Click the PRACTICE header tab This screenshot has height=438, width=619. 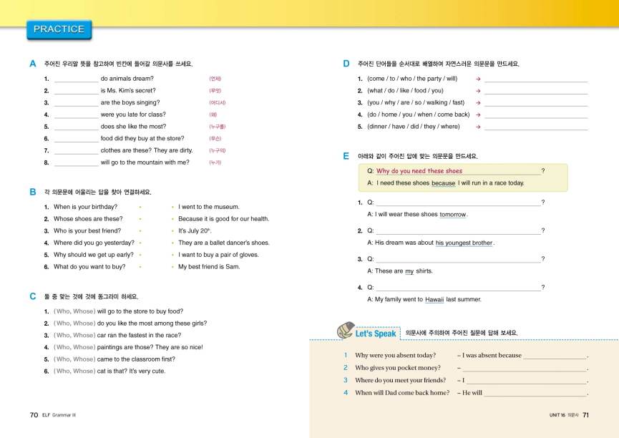[x=59, y=29]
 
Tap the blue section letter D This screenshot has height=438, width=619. [x=346, y=64]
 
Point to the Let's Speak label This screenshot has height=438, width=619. [x=375, y=333]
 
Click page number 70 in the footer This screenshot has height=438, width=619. [x=34, y=414]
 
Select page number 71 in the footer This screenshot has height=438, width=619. [x=585, y=414]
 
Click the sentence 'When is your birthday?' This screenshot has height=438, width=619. [x=85, y=207]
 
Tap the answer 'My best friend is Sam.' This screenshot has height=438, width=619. [x=209, y=267]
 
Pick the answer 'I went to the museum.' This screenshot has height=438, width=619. [x=209, y=207]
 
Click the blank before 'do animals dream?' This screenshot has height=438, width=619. [x=76, y=79]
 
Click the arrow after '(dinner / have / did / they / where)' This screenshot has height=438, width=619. [x=477, y=127]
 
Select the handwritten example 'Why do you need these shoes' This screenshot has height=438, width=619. [x=419, y=171]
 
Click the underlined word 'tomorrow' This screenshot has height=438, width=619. [x=453, y=215]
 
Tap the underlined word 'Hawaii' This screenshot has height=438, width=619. [x=434, y=300]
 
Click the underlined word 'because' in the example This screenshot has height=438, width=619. [x=444, y=183]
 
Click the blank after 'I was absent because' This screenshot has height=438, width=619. [x=555, y=356]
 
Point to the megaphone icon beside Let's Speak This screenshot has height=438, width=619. [x=345, y=330]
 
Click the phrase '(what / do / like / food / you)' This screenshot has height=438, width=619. [x=405, y=91]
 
